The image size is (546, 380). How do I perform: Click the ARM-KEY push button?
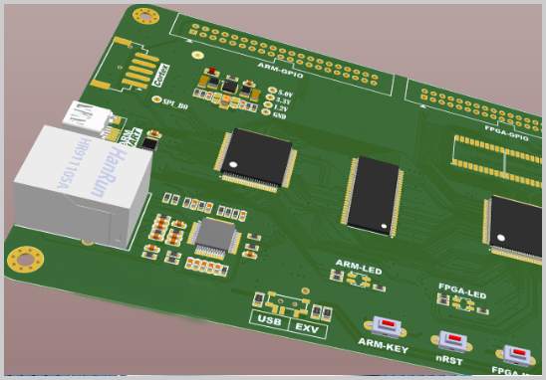click(383, 327)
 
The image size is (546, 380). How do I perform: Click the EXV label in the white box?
click(306, 327)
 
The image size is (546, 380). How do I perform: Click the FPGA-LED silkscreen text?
click(462, 294)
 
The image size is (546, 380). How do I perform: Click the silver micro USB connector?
click(86, 116)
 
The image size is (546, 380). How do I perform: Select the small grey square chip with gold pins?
click(214, 237)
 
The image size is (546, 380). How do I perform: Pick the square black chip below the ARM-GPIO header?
click(257, 156)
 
